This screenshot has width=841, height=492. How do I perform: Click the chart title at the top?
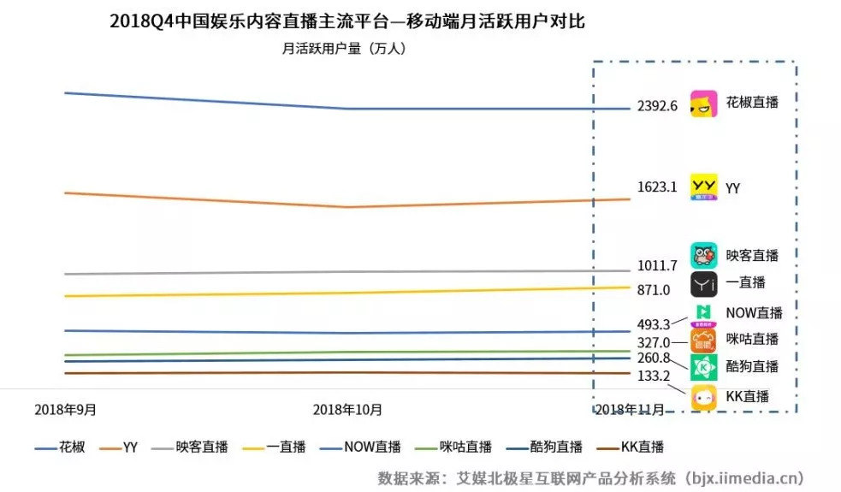[x=346, y=21]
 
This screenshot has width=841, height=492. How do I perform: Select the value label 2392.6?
[x=657, y=106]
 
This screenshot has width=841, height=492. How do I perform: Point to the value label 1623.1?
[x=657, y=187]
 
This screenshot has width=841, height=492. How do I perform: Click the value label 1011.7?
[x=657, y=265]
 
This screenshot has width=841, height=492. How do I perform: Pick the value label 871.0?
[x=654, y=290]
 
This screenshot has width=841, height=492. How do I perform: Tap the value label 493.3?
[x=654, y=325]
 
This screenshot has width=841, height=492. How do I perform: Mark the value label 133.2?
[x=654, y=376]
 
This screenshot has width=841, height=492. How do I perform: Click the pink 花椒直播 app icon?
[x=704, y=104]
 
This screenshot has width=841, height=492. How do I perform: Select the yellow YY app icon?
[x=704, y=187]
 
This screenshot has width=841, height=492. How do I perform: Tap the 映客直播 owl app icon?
[x=703, y=255]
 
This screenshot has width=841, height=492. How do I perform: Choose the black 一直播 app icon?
[x=703, y=283]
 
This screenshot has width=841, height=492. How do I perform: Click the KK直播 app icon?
[x=704, y=397]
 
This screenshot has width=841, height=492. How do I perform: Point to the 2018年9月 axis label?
[x=65, y=410]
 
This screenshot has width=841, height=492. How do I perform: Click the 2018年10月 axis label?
[x=347, y=410]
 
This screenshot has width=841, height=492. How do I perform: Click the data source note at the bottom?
[x=590, y=477]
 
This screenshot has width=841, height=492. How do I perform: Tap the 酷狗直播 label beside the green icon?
[x=752, y=366]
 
